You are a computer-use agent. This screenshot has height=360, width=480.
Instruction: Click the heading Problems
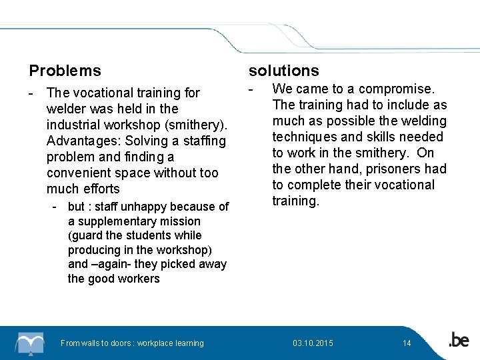[65, 70]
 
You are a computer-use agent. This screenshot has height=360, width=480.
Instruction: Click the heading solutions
[283, 70]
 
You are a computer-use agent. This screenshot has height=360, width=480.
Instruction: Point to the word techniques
[306, 137]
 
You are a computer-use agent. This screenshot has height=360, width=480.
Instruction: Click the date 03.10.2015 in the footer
[313, 343]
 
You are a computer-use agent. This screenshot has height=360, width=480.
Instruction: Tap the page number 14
[407, 343]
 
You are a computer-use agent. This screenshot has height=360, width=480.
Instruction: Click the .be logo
[458, 341]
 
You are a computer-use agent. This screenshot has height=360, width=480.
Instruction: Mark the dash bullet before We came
[251, 89]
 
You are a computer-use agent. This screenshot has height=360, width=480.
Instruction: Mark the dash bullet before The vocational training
[31, 93]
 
